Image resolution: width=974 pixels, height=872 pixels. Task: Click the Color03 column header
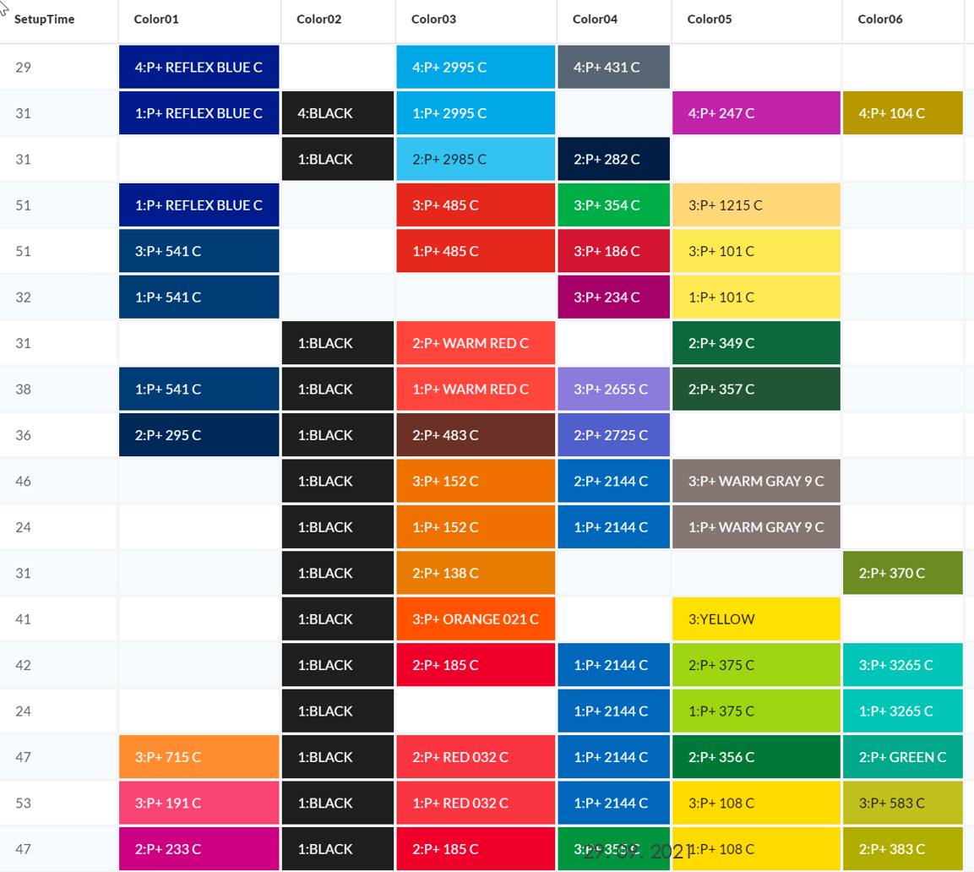433,19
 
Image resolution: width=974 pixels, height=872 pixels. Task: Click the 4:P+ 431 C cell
613,67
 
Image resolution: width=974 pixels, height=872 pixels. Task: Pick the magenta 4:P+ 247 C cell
757,113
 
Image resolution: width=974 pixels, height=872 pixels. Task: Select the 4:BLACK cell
337,113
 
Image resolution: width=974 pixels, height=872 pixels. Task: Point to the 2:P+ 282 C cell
613,159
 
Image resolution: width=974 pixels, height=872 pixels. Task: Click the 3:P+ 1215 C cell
757,205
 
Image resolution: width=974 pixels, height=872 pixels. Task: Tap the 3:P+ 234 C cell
613,297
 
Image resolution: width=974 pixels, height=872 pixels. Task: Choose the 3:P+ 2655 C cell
613,390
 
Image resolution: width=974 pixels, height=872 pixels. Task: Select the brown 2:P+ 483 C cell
476,435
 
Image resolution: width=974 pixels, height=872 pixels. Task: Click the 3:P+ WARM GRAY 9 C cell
757,482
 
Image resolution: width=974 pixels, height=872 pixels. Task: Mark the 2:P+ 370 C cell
902,573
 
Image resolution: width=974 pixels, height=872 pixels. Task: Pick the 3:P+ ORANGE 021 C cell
476,619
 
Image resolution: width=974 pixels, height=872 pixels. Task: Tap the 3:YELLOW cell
757,619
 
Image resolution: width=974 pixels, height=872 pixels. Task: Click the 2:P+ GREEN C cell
902,757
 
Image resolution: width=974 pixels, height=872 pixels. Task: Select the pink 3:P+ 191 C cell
199,803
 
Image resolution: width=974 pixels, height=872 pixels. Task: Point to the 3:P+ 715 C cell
199,757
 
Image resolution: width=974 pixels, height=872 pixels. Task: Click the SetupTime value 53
24,803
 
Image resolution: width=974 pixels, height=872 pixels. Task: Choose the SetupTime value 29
24,67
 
